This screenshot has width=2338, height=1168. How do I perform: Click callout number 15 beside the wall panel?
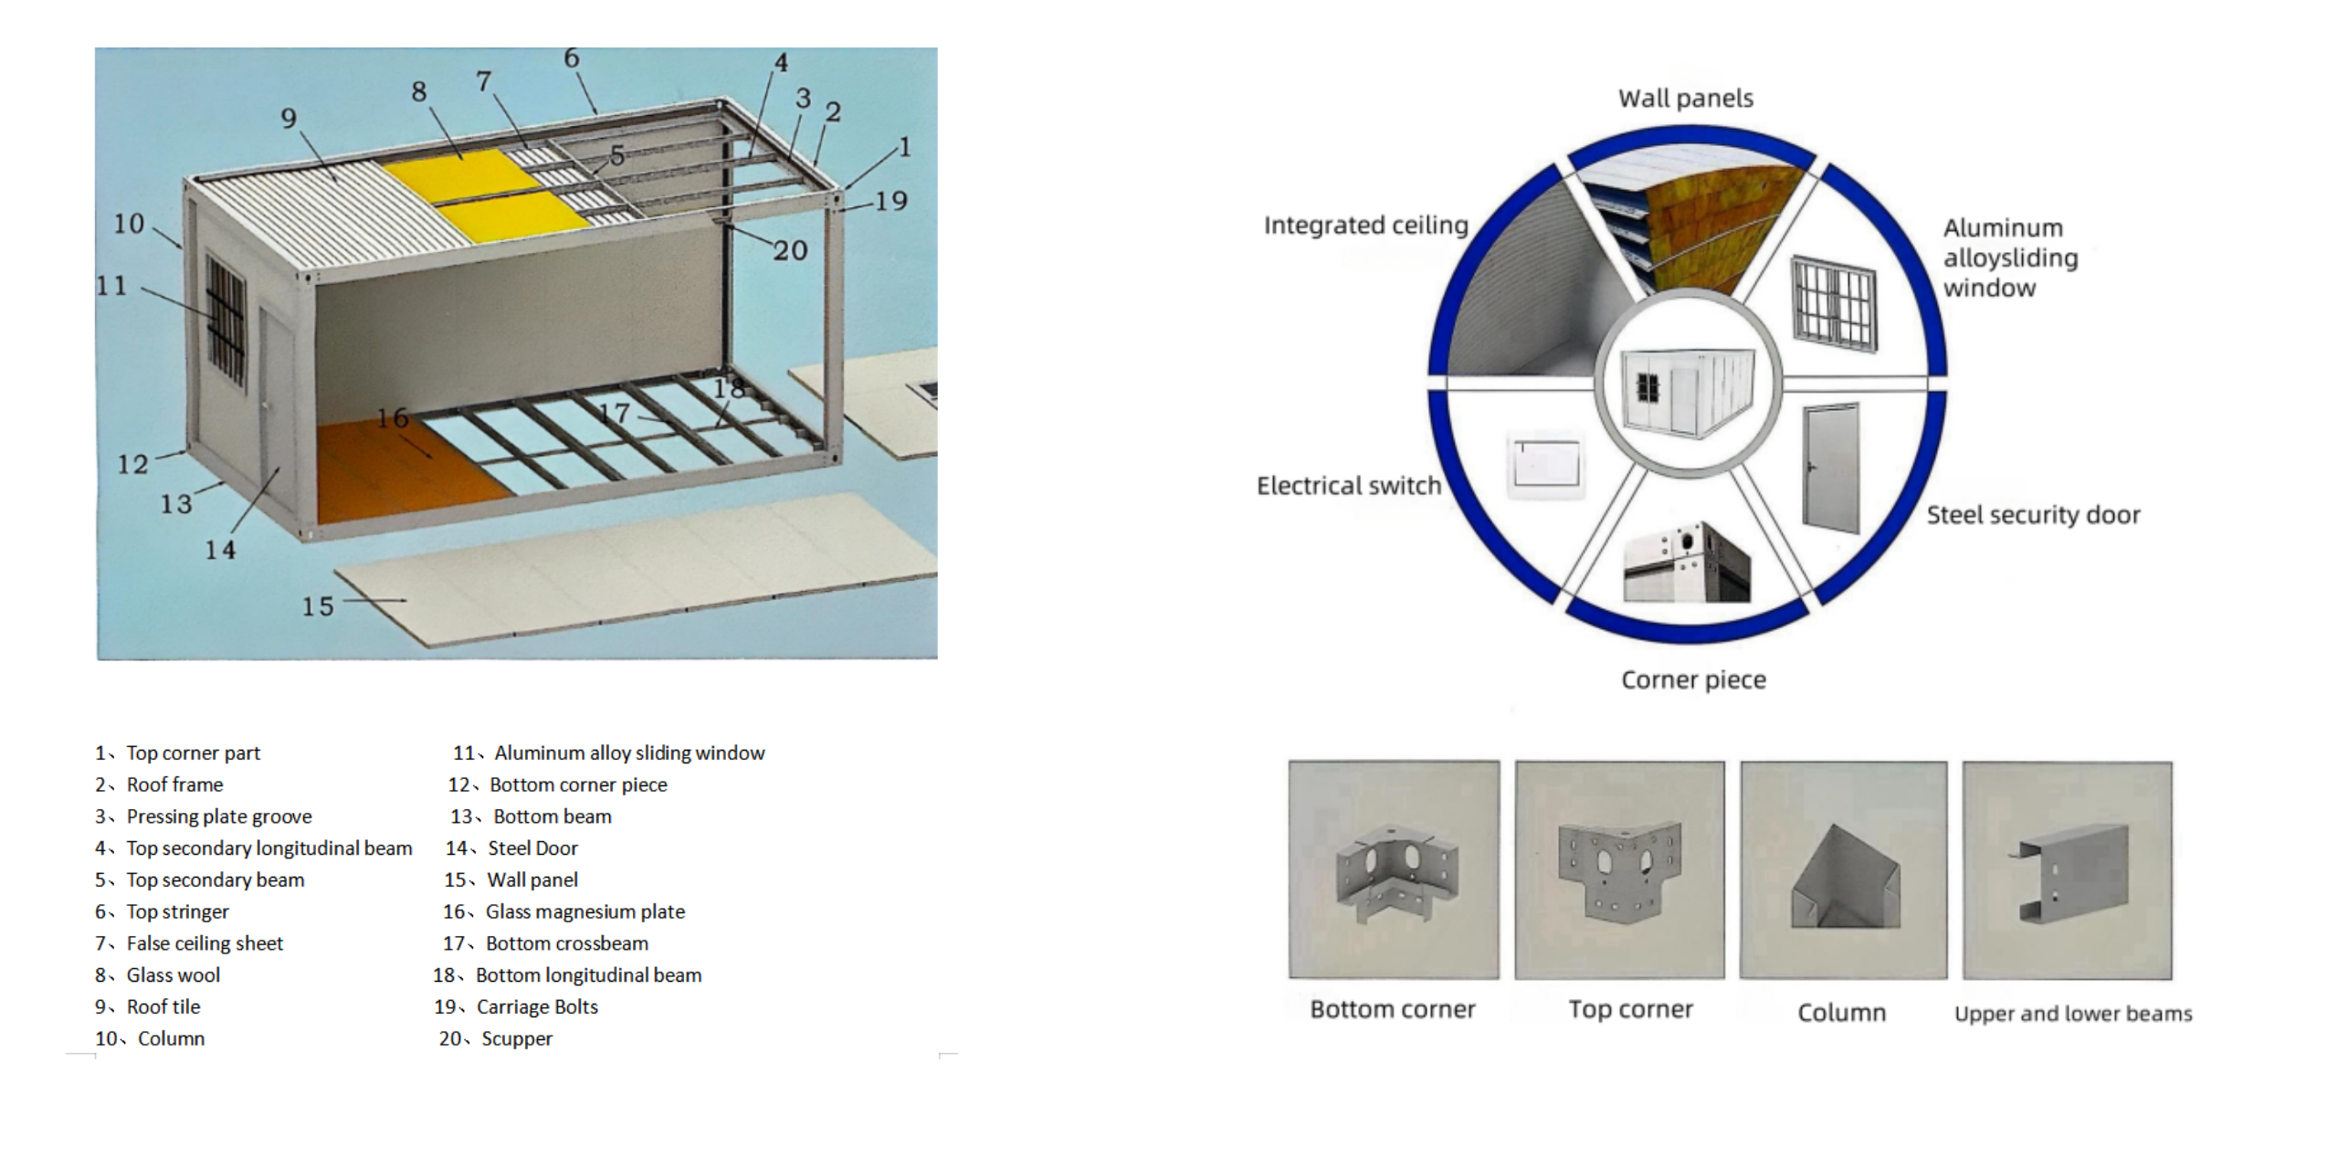point(318,606)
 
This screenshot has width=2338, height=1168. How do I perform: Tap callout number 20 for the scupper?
point(790,250)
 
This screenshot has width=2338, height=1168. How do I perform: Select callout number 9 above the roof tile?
point(289,118)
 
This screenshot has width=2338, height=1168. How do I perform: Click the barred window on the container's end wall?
point(225,321)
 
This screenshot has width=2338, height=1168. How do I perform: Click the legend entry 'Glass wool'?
point(173,975)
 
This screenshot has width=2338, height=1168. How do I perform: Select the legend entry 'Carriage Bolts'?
point(537,1007)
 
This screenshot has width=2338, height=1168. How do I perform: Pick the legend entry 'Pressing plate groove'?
point(218,816)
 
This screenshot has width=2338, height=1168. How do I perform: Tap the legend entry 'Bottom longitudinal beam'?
point(588,975)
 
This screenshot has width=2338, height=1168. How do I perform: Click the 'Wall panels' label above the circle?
point(1686,99)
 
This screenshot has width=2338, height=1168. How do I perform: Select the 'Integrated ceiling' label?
point(1365,226)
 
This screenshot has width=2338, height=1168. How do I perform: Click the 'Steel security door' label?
point(2033,515)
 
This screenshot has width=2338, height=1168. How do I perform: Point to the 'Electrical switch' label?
point(1348,486)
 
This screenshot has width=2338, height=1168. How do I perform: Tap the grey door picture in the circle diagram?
point(1831,468)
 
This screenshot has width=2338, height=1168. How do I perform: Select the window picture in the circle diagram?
point(1834,303)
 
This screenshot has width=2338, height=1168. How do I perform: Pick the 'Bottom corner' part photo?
point(1394,869)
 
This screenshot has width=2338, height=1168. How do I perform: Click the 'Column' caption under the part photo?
point(1841,1013)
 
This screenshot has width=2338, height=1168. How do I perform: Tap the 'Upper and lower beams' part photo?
point(2067,869)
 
